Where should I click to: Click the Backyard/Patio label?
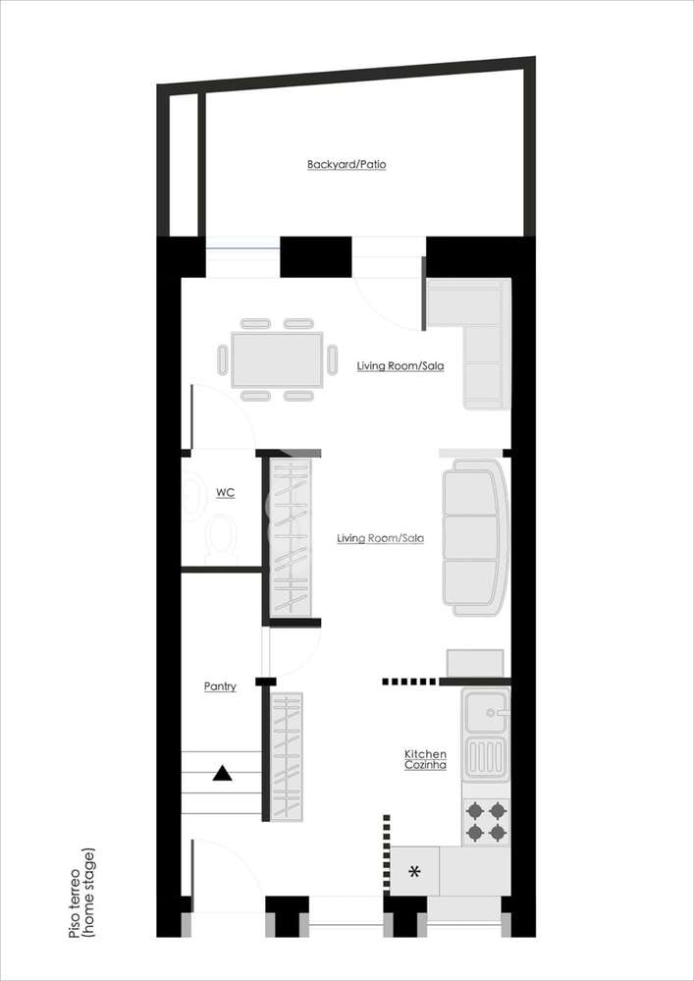[347, 164]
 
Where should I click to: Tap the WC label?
[225, 491]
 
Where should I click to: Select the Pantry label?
[220, 686]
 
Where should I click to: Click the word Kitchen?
[425, 753]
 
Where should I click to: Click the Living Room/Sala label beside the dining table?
[400, 366]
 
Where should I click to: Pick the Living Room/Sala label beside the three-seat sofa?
[380, 538]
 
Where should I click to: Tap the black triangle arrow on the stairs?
[222, 775]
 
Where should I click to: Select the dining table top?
[277, 359]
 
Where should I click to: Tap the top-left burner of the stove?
[475, 811]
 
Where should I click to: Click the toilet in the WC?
[223, 536]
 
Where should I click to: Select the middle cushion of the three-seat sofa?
[471, 537]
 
